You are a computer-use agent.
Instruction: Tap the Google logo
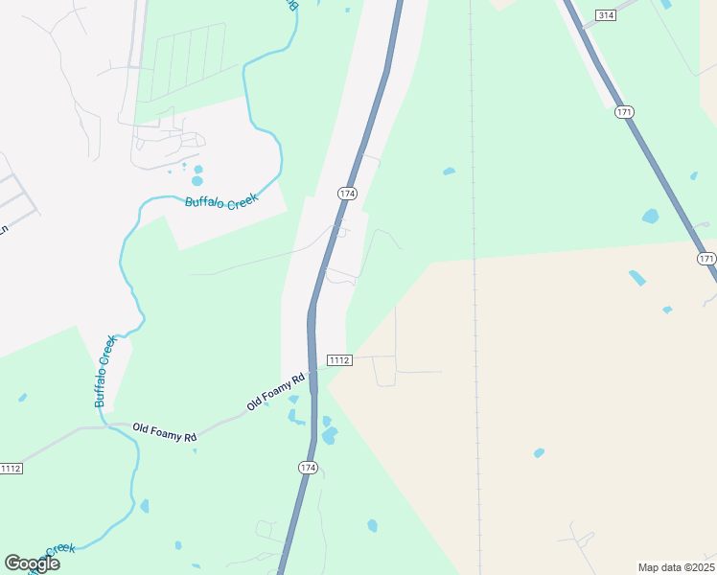point(32,563)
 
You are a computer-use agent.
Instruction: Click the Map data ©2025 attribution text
point(676,567)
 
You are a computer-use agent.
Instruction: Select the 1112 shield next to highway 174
point(339,359)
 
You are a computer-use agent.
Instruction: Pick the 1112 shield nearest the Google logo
point(11,468)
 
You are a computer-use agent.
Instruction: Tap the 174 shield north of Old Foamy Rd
point(347,194)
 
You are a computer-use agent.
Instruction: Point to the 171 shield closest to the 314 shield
point(624,112)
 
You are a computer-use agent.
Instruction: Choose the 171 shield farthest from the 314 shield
point(706,259)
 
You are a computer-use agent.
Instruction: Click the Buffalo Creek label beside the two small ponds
point(221,201)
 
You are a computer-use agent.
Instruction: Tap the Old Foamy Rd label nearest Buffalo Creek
point(164,432)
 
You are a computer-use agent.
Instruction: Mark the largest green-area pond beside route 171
point(651,216)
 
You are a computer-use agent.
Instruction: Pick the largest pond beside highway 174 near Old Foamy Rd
point(330,436)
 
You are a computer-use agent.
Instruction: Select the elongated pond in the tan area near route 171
point(637,278)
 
